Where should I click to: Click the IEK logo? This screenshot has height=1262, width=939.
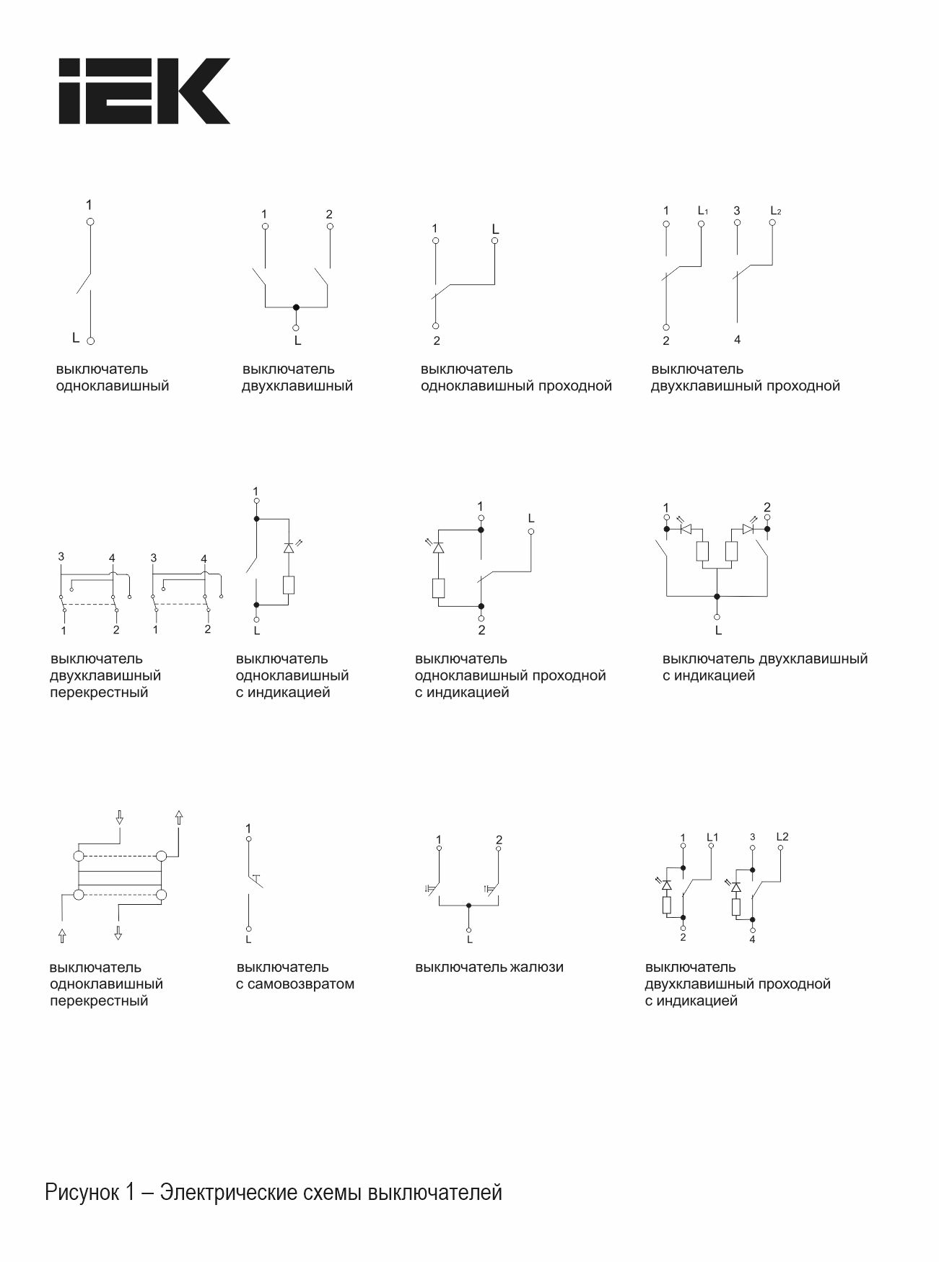click(x=144, y=91)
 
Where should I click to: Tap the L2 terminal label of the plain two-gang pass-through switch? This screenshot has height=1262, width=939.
click(x=775, y=211)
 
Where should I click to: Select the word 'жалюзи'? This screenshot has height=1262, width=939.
click(x=536, y=967)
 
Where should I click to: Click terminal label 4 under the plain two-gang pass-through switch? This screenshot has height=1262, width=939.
click(x=737, y=339)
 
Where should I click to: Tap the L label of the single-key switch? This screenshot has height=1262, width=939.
click(x=76, y=338)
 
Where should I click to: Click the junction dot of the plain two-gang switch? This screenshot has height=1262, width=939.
click(x=296, y=307)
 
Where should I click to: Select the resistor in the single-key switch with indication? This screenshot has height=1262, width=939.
click(x=289, y=584)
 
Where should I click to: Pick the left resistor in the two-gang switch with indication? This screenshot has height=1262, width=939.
click(x=702, y=552)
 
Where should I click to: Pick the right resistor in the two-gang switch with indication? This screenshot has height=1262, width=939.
click(x=731, y=552)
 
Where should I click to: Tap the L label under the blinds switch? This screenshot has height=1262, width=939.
click(x=469, y=939)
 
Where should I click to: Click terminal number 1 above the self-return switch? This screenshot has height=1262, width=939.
click(x=248, y=828)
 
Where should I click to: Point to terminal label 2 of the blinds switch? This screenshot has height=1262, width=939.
click(x=499, y=839)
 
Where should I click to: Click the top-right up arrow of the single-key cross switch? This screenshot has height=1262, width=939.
click(x=179, y=817)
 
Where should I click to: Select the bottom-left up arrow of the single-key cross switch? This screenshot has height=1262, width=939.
click(x=62, y=935)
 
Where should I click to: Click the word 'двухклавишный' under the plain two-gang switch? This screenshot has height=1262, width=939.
click(x=297, y=386)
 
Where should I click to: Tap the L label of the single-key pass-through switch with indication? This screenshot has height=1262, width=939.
click(x=531, y=518)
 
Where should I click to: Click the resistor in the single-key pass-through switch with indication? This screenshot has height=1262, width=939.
click(x=438, y=588)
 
